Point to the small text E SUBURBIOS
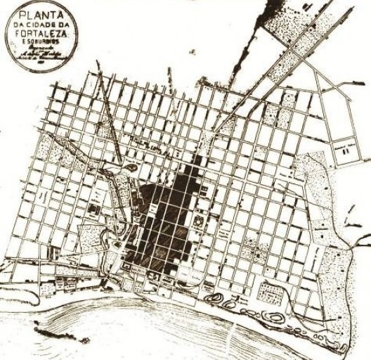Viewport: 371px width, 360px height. tap(41, 43)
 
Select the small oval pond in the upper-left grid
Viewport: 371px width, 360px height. tap(131, 169)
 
